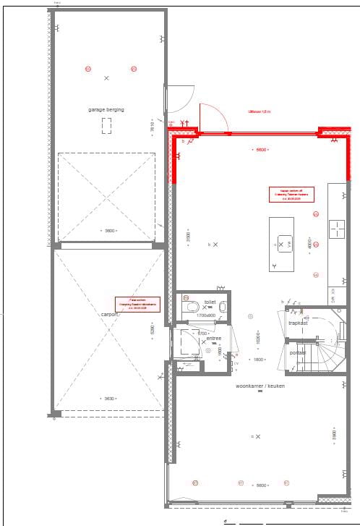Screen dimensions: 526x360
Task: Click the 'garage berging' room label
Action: [x=106, y=109]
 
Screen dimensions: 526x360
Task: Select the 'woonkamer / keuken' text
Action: [x=260, y=386]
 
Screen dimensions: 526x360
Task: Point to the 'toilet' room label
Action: [x=210, y=302]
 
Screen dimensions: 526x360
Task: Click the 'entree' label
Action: [x=214, y=338]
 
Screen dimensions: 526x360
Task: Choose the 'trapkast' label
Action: [x=299, y=323]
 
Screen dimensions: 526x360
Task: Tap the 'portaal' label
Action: [x=298, y=352]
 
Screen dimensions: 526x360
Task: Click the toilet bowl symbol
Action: [x=192, y=307]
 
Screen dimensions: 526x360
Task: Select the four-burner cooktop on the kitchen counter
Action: [x=337, y=230]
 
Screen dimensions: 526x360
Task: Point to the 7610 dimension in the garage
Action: [x=152, y=127]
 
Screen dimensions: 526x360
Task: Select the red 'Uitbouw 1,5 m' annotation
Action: [x=259, y=112]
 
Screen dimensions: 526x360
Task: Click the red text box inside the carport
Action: [x=137, y=303]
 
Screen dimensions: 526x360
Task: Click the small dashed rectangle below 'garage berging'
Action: [x=107, y=127]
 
